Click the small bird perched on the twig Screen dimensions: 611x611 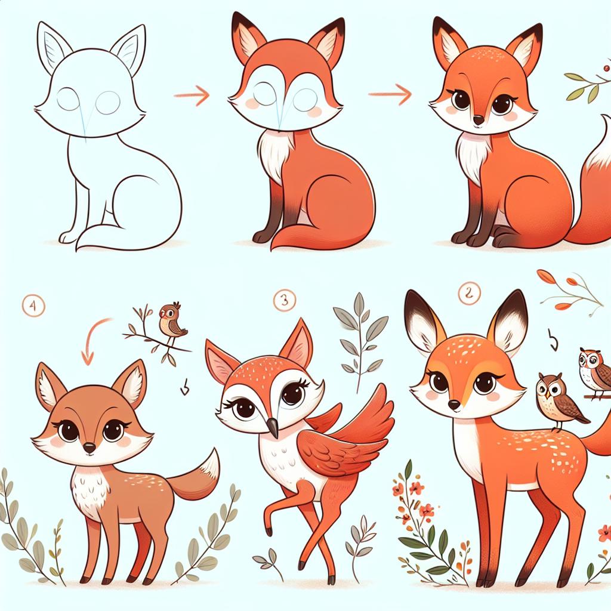(x=171, y=322)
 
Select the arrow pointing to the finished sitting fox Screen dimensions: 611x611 (x=391, y=94)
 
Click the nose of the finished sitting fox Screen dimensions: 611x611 (x=477, y=121)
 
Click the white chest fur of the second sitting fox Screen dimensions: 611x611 (x=276, y=152)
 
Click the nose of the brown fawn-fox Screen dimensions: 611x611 (x=88, y=447)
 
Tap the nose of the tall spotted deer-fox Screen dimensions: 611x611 (x=453, y=405)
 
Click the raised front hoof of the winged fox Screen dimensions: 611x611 (x=269, y=530)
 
